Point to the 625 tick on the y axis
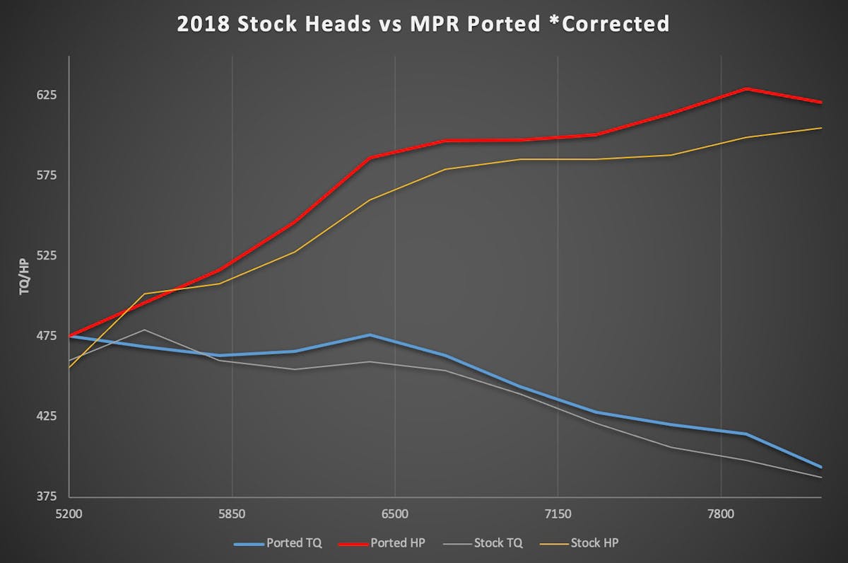39,95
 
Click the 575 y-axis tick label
39,175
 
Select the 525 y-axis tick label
39,255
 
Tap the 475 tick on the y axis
39,335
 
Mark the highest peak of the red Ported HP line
746,89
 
